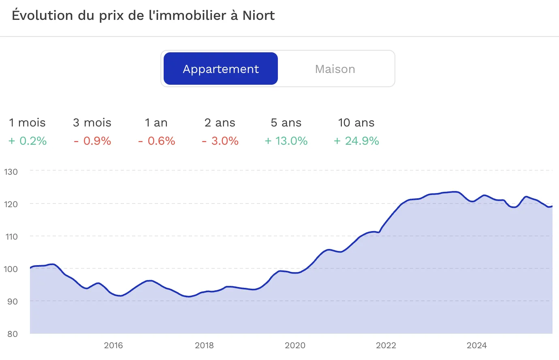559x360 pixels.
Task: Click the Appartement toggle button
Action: point(221,69)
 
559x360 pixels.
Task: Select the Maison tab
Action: point(335,69)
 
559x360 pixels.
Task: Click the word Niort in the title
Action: point(258,15)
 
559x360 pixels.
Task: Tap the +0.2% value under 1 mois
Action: point(28,141)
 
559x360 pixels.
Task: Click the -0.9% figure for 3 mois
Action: point(92,141)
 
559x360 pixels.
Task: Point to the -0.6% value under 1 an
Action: point(156,141)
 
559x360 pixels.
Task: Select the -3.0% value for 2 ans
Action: point(220,141)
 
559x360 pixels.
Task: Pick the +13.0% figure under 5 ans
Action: point(286,141)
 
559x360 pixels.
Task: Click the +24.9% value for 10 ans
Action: point(356,141)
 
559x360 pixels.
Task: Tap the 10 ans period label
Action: point(356,123)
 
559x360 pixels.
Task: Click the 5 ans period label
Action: point(286,123)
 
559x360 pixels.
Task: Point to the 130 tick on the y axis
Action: point(11,171)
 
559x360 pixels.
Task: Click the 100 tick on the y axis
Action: point(11,269)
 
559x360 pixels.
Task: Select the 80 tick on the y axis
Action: point(13,334)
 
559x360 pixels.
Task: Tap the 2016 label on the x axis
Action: point(113,345)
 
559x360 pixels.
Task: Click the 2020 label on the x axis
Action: point(295,345)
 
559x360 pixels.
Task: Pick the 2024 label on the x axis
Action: point(477,345)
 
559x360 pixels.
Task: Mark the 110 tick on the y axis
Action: point(11,236)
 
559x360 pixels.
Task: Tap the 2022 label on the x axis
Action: point(386,345)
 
